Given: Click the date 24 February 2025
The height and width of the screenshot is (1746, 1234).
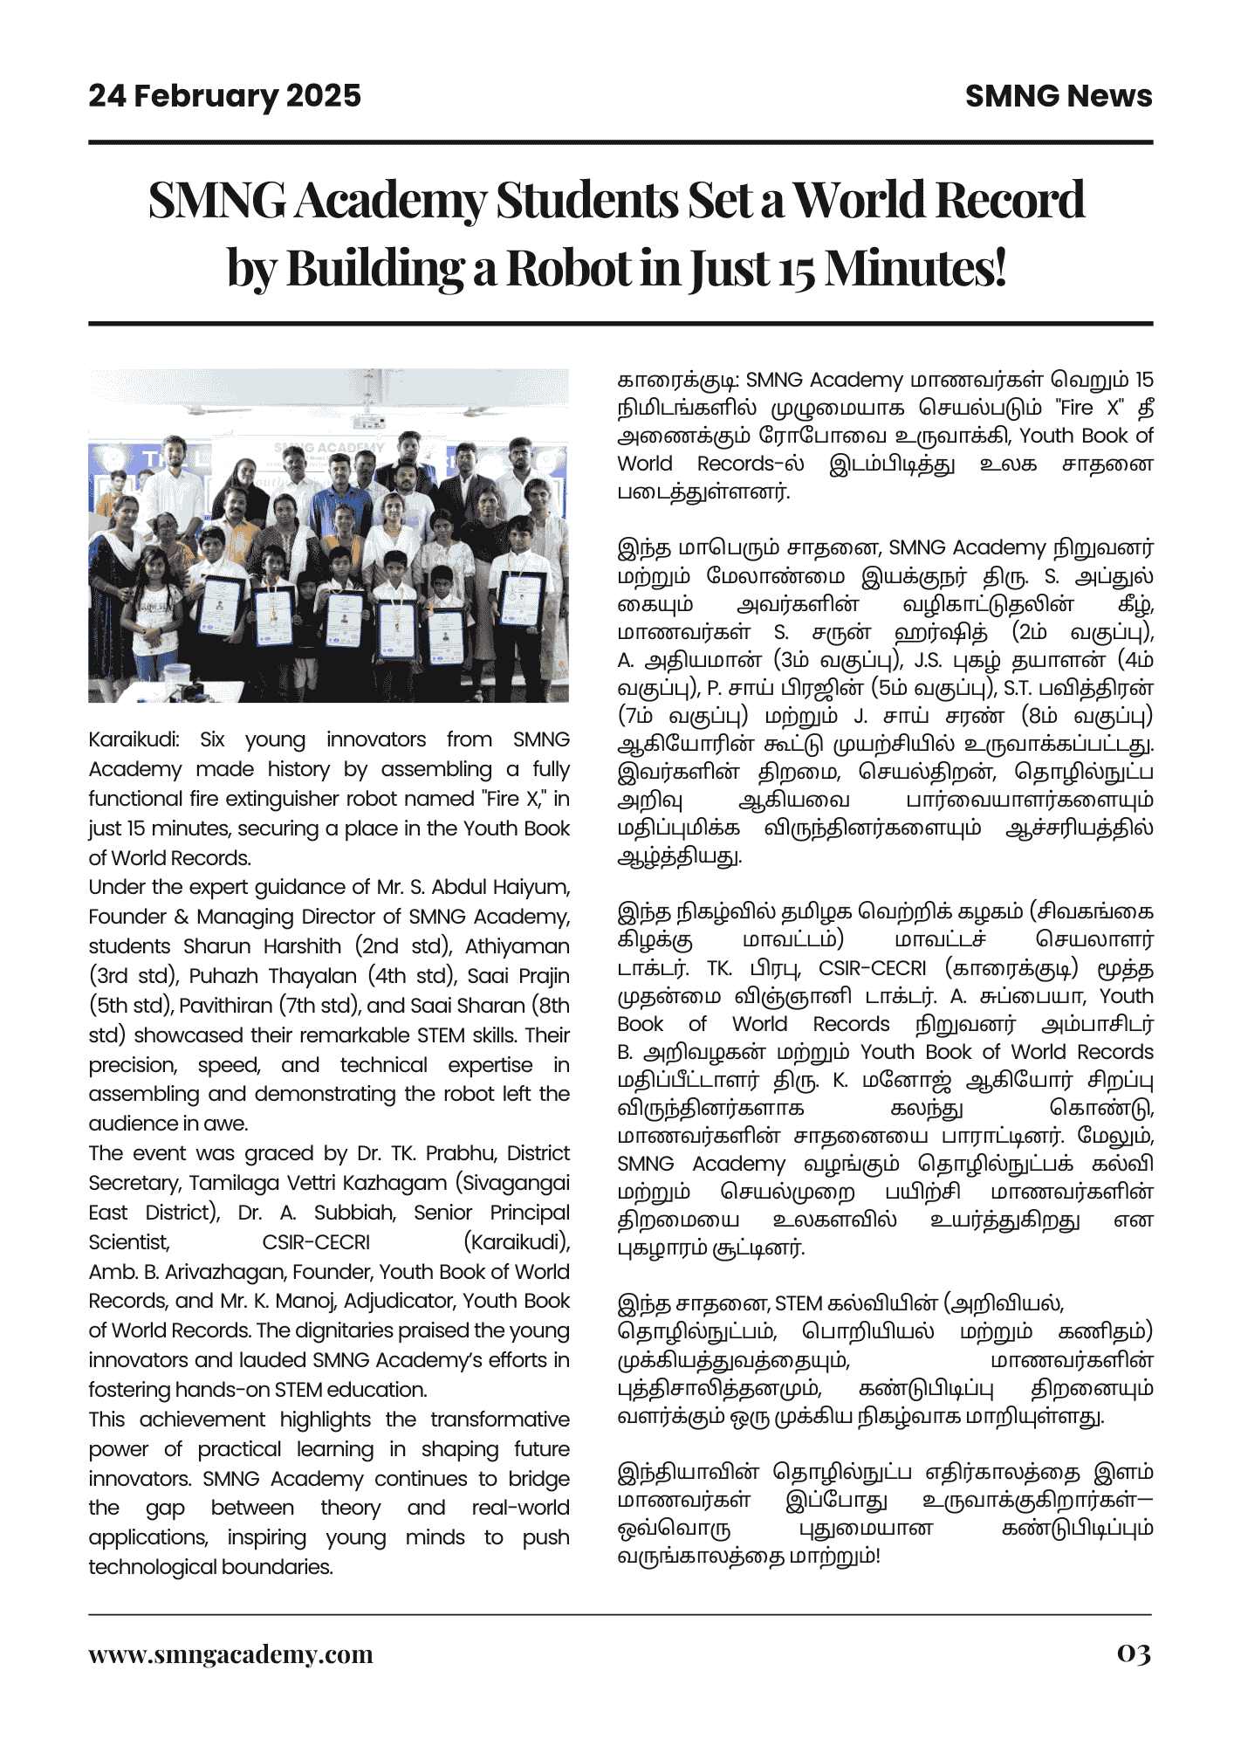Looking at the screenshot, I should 224,96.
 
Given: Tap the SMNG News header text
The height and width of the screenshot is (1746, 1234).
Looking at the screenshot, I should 1058,96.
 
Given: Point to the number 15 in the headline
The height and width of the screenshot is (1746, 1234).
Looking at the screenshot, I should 797,270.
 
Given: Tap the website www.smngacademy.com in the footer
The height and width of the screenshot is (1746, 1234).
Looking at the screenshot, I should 230,1654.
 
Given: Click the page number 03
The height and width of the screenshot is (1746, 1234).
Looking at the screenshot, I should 1134,1653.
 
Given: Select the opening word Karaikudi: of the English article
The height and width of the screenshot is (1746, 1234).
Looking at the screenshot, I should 134,739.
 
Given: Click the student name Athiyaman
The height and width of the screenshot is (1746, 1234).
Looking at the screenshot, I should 517,946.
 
